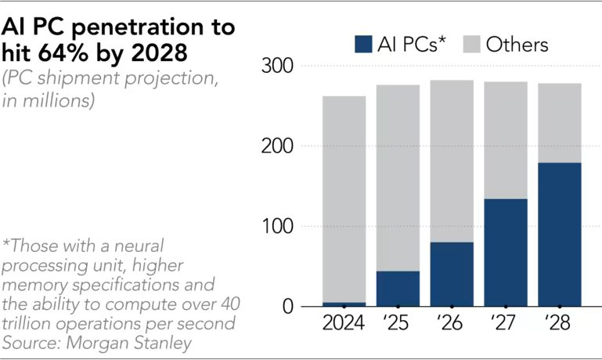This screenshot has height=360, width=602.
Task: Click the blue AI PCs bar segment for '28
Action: click(559, 234)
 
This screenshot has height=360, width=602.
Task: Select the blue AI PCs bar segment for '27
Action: click(506, 252)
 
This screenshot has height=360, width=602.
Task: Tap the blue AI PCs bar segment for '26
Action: click(452, 274)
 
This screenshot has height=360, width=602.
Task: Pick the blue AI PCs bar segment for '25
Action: click(398, 288)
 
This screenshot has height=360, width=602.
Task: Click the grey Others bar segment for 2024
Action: click(344, 199)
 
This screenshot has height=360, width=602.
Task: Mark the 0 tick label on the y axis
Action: click(286, 307)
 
